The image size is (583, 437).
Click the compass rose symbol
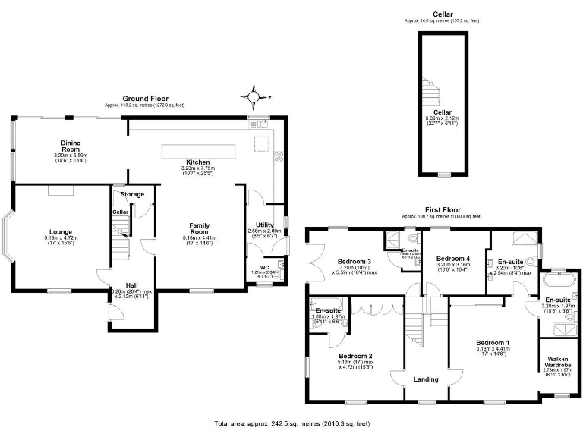point(254,97)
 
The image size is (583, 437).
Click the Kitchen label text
point(198,162)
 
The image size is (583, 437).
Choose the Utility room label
point(264,225)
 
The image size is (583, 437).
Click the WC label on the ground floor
point(266,267)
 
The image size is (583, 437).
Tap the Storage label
point(133,195)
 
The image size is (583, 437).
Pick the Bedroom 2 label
point(355,356)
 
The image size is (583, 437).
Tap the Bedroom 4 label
point(453,259)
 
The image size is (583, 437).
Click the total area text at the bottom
point(291,423)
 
